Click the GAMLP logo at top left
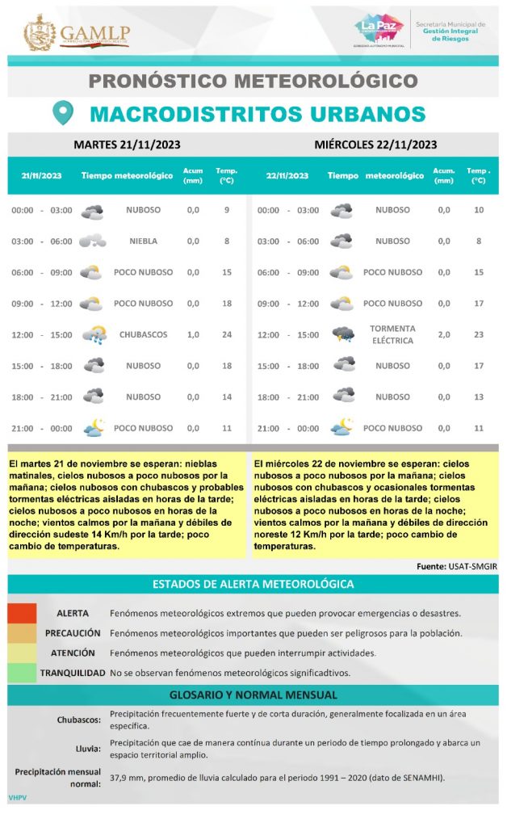[x=77, y=32]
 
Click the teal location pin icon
[x=63, y=113]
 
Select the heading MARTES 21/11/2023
[x=127, y=145]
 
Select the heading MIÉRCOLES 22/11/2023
[x=375, y=145]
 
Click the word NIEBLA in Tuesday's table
[x=143, y=241]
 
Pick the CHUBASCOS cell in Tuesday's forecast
[x=143, y=334]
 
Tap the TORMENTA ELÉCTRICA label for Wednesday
[x=392, y=334]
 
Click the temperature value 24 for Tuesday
[x=227, y=334]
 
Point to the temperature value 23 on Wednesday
[x=479, y=334]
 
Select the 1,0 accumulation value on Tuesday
[x=193, y=334]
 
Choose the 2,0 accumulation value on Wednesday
[x=444, y=334]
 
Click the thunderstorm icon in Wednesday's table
[x=342, y=334]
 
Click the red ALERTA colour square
[x=22, y=613]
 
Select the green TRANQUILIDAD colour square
[x=22, y=672]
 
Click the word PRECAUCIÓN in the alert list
[x=73, y=633]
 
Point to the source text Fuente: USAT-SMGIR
[x=457, y=566]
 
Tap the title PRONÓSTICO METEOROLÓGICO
[x=253, y=81]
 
